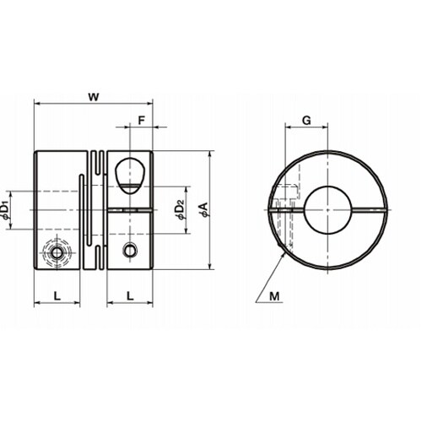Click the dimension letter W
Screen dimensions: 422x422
94,97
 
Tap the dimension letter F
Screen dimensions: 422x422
141,121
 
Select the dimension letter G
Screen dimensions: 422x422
306,121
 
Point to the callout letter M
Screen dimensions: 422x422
274,296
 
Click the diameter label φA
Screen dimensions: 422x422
204,209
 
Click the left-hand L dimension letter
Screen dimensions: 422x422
57,296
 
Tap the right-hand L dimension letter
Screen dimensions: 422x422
130,296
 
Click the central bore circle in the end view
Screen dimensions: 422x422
328,187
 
